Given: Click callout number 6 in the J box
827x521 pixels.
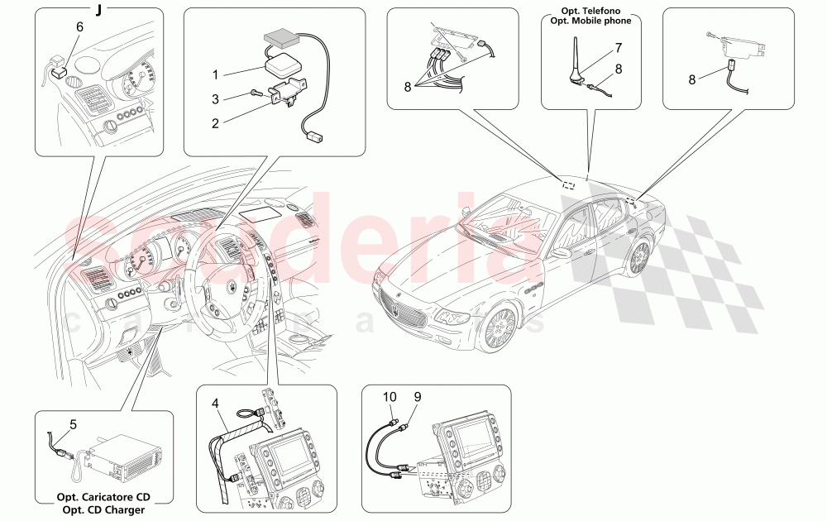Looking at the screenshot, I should [x=79, y=26].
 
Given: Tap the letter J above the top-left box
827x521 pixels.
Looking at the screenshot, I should [x=99, y=10].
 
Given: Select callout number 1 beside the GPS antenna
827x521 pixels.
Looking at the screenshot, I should [x=214, y=73].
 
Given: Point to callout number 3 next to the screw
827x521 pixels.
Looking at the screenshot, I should [x=214, y=98].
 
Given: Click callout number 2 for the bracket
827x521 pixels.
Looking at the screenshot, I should [x=214, y=123].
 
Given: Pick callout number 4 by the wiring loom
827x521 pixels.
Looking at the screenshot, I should [x=215, y=404].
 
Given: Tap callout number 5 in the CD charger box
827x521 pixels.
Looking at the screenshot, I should [x=73, y=425].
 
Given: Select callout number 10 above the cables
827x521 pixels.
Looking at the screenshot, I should [x=389, y=397].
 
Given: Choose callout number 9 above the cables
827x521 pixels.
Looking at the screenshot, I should [x=417, y=397].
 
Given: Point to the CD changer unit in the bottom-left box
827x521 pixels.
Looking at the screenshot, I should [x=124, y=459].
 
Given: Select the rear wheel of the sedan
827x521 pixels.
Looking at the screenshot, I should [x=639, y=257].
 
